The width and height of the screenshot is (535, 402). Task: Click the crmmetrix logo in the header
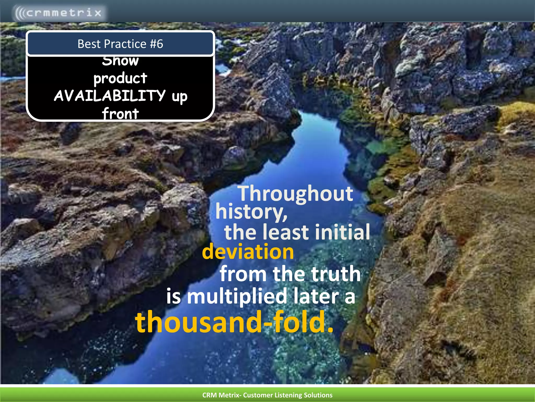pos(59,13)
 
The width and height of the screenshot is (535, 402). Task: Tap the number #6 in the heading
pos(156,44)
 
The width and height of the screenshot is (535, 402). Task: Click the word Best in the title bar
pos(89,44)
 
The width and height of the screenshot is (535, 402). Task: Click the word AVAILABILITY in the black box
pos(110,96)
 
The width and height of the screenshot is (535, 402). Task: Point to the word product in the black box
pos(120,78)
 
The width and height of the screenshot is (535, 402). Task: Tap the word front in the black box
pos(120,114)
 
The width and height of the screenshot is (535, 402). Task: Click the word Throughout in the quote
pos(296,194)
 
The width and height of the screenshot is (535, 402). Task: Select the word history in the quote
pos(251,212)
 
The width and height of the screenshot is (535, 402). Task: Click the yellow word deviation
pos(248,252)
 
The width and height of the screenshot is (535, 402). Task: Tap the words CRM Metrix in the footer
pos(220,395)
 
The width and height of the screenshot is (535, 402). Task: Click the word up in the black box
pos(180,97)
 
